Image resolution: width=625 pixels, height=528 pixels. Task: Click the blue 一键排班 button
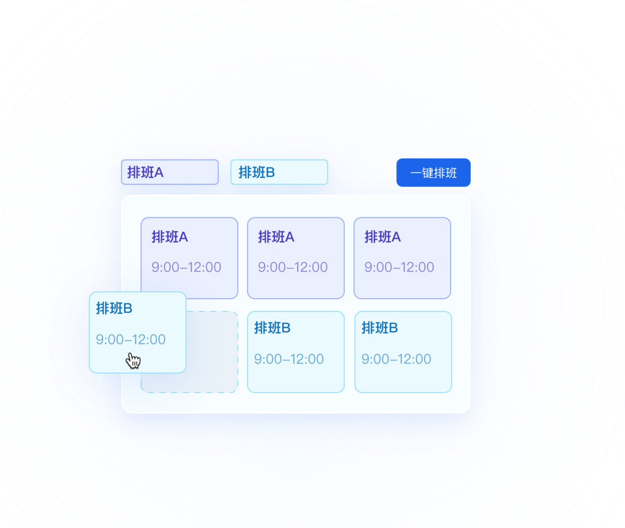(433, 173)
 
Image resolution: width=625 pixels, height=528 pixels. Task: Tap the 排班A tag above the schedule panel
(170, 172)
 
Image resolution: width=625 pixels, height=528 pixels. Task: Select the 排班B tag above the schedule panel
(279, 172)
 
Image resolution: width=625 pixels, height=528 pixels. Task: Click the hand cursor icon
(133, 360)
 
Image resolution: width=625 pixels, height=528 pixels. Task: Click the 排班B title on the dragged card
(114, 308)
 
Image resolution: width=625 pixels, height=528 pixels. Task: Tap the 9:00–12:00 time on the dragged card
(131, 339)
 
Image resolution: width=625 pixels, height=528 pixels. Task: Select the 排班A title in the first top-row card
(170, 237)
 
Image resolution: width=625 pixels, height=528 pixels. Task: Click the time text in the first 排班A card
(186, 267)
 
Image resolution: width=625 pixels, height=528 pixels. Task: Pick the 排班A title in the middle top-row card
(276, 237)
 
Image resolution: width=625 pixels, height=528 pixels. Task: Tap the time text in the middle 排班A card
(293, 267)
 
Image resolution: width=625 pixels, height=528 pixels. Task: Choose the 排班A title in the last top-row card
(382, 237)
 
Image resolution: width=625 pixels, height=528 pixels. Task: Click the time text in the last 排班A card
(399, 267)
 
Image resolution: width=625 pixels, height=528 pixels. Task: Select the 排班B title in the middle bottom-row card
(272, 327)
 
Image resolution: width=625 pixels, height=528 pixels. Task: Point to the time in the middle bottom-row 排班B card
(289, 359)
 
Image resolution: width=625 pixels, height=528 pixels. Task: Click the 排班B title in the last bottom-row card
(380, 327)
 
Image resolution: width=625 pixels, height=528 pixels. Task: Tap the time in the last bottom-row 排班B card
(396, 359)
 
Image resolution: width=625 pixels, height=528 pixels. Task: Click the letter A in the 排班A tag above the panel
(159, 173)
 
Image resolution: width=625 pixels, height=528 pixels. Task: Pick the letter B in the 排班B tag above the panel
(270, 173)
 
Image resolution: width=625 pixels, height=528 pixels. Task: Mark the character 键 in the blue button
(428, 173)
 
